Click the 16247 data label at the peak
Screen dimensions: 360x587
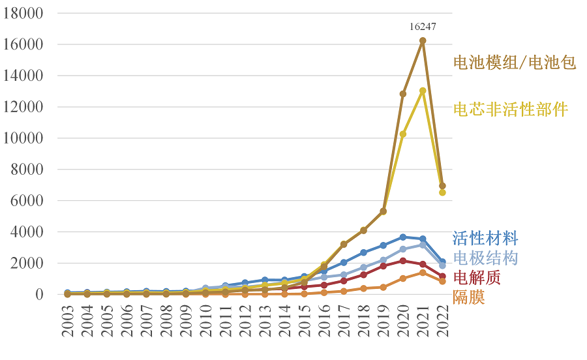click(x=423, y=27)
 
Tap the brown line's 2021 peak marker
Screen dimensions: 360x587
click(x=423, y=40)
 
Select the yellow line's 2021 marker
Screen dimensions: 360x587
click(x=423, y=91)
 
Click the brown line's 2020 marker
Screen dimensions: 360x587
click(x=403, y=94)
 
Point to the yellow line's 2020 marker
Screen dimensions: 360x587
click(x=403, y=134)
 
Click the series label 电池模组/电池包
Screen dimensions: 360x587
click(x=515, y=63)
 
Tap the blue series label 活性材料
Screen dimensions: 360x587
click(x=485, y=238)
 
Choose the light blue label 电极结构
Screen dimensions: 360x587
click(x=485, y=258)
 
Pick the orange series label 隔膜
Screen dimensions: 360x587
click(x=468, y=297)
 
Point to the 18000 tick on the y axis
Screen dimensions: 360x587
click(x=23, y=13)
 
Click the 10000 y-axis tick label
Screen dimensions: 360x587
click(x=23, y=138)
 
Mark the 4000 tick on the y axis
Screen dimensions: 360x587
click(x=29, y=232)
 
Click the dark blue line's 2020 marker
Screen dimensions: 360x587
click(x=403, y=237)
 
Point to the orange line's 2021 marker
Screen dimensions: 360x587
click(x=423, y=273)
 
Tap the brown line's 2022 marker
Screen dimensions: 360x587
click(x=442, y=186)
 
